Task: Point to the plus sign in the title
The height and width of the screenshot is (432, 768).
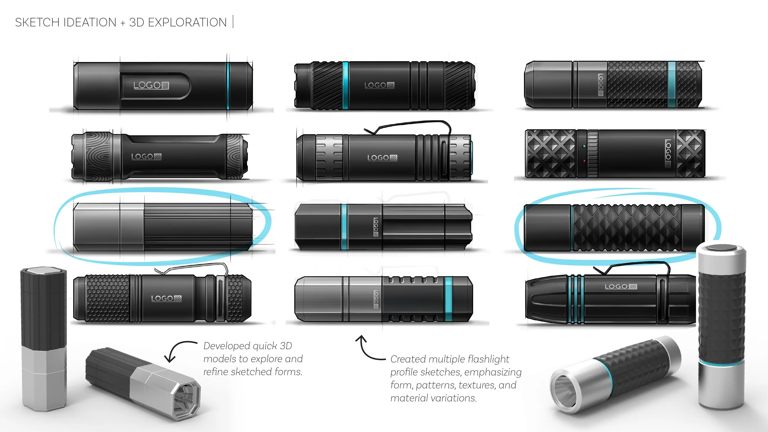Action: [x=123, y=23]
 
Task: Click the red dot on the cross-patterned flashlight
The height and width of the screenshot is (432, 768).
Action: [x=584, y=161]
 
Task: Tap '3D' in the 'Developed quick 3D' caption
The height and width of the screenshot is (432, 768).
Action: [x=286, y=346]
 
